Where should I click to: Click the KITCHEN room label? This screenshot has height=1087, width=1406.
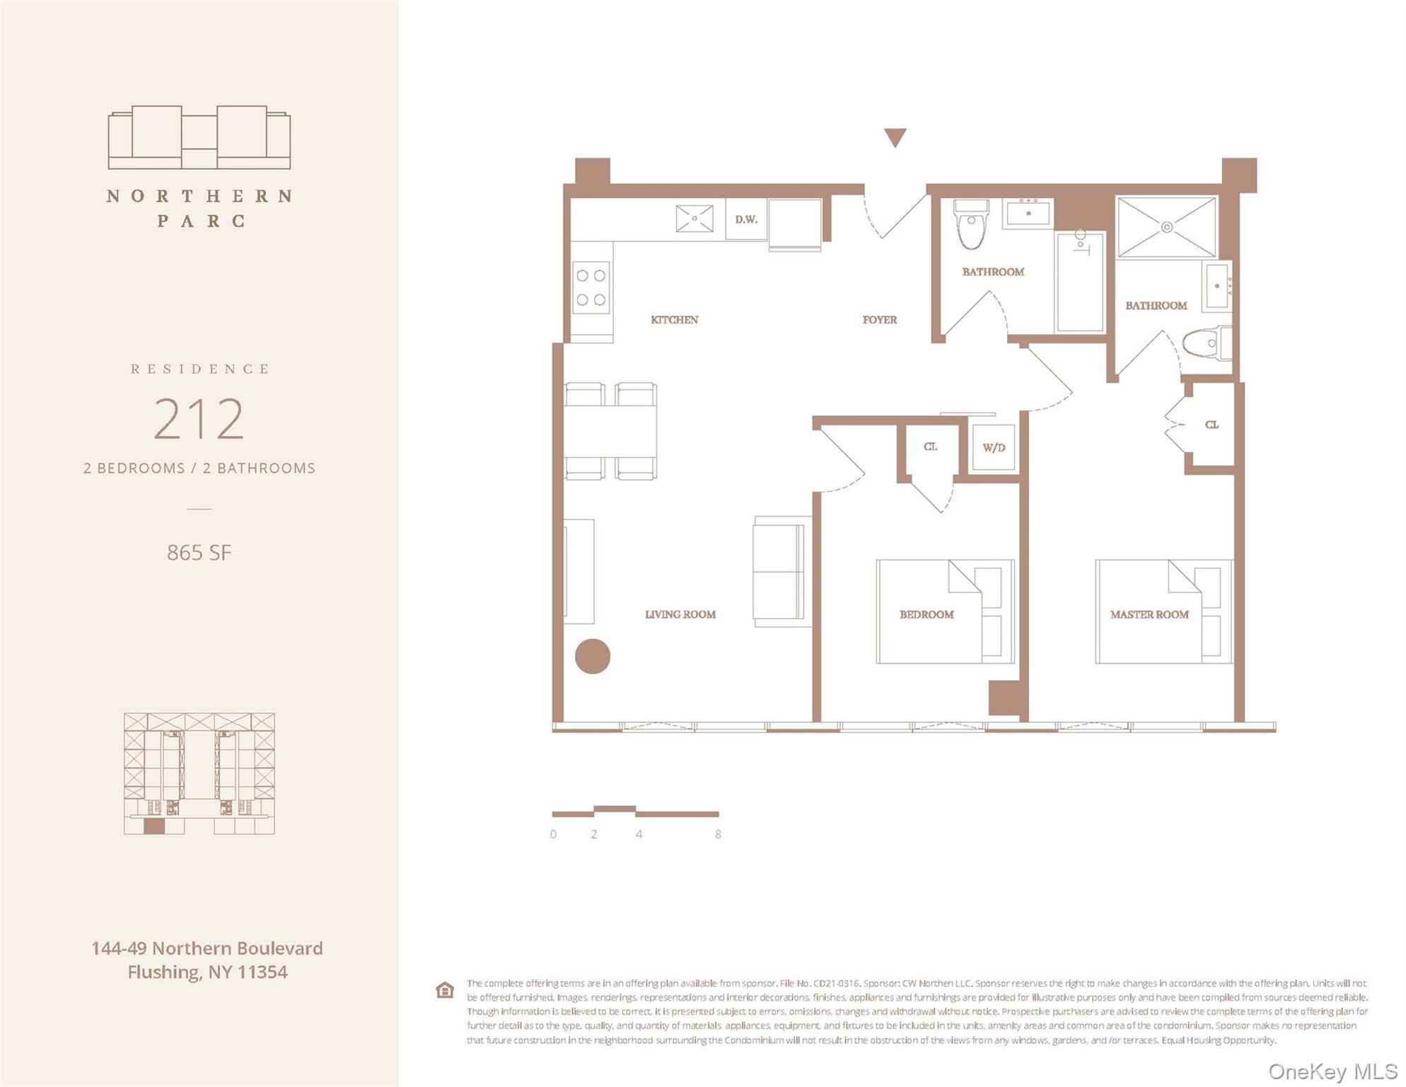click(674, 320)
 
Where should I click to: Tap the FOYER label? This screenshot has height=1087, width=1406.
click(879, 320)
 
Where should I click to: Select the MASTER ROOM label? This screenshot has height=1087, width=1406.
click(1149, 614)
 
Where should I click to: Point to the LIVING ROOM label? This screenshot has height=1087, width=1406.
click(680, 614)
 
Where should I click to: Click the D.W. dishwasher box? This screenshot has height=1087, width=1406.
click(746, 220)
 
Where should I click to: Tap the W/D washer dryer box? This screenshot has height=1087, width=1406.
click(994, 447)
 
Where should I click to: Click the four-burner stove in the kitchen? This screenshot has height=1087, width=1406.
click(591, 287)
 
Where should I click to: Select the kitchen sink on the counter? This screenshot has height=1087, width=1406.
click(694, 219)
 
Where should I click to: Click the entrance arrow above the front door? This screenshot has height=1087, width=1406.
click(895, 137)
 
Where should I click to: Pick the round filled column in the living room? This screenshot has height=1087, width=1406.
click(592, 656)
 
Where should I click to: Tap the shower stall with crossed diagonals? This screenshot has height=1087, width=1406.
click(1166, 227)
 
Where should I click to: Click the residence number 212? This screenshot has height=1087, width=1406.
click(199, 419)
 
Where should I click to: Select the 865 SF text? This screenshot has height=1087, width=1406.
click(199, 553)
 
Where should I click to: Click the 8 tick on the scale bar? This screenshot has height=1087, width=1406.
click(718, 834)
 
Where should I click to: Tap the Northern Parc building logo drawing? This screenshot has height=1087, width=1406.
click(199, 138)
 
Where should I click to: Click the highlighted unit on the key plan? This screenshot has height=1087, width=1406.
click(153, 826)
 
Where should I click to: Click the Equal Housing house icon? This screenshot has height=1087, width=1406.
click(444, 990)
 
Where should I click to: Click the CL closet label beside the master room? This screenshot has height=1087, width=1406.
click(1212, 425)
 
